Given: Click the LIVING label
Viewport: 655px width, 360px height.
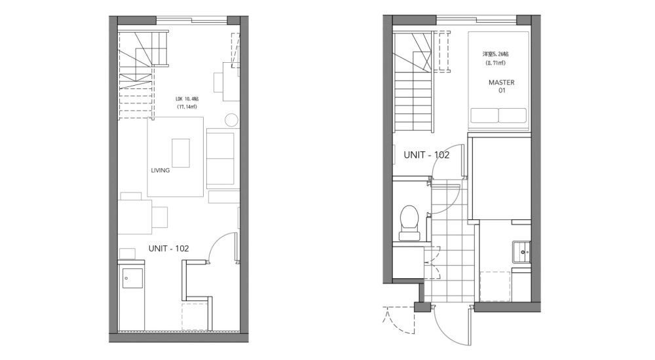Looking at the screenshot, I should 160,170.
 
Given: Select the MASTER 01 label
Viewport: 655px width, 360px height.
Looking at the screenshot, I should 501,86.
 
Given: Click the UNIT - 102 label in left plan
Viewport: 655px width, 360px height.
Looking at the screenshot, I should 168,248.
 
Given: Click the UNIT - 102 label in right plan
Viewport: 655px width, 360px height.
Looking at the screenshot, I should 426,155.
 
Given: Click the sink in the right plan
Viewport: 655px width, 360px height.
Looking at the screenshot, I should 522,249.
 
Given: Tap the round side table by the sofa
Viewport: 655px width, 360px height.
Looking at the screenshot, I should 231,120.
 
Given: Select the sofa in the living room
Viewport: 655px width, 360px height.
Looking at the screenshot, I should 221,157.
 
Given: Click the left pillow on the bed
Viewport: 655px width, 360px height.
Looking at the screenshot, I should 484,116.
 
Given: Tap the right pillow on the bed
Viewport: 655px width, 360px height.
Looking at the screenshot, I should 513,116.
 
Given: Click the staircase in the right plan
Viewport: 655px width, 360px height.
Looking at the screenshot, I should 413,95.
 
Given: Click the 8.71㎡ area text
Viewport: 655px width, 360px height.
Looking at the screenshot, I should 495,63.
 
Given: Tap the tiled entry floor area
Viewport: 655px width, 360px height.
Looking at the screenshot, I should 452,249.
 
